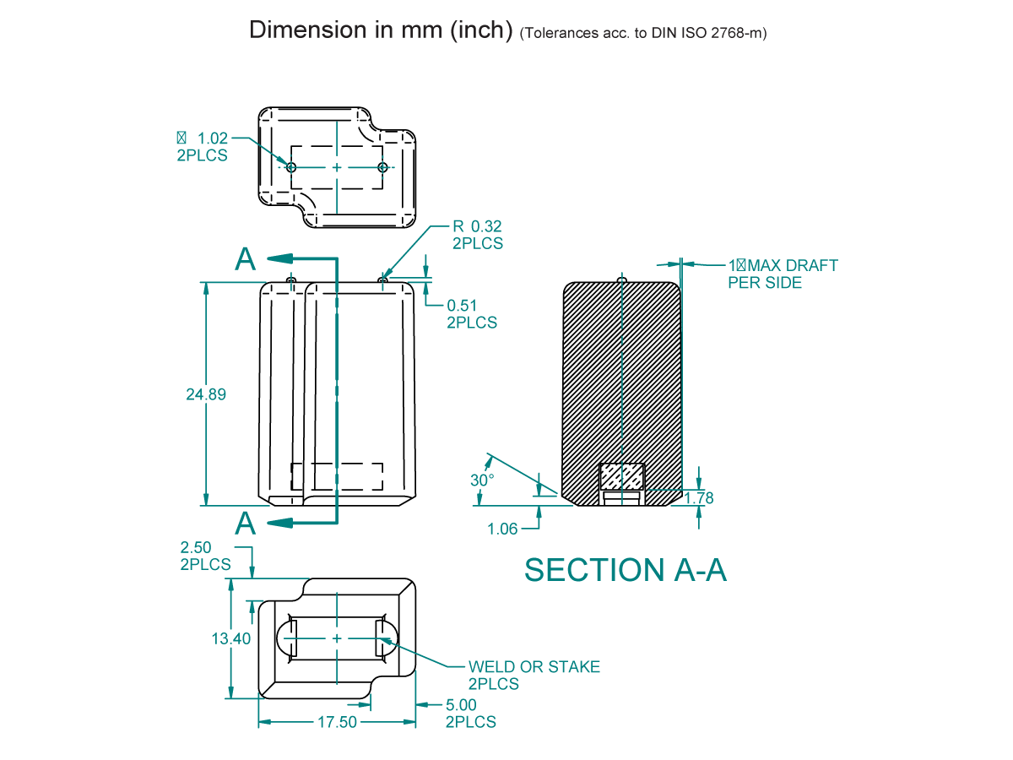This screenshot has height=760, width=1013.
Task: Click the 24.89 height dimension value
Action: pos(206,394)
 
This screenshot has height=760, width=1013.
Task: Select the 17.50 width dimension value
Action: pos(336,723)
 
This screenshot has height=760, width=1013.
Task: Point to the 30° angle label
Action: pos(482,480)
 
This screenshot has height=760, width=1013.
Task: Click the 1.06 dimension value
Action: pos(502,529)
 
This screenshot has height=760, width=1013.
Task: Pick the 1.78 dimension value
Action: pos(699,498)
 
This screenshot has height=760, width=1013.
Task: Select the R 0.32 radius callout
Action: pos(477,226)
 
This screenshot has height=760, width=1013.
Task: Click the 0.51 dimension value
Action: pos(463,306)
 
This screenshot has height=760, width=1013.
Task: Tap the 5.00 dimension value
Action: pos(462,705)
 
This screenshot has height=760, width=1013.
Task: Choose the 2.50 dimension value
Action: pos(196,548)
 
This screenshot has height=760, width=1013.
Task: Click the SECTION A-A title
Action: pos(625,570)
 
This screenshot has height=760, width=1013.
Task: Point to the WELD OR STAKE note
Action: pos(534,667)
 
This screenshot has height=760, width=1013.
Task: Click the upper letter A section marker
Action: pos(245,259)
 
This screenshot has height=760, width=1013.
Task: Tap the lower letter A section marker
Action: pos(245,524)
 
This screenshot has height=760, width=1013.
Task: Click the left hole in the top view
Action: pos(291,167)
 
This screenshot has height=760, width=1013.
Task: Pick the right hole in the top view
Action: pos(382,167)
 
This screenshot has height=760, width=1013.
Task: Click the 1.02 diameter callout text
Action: pos(213,138)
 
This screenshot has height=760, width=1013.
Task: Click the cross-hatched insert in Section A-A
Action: pos(621,478)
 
